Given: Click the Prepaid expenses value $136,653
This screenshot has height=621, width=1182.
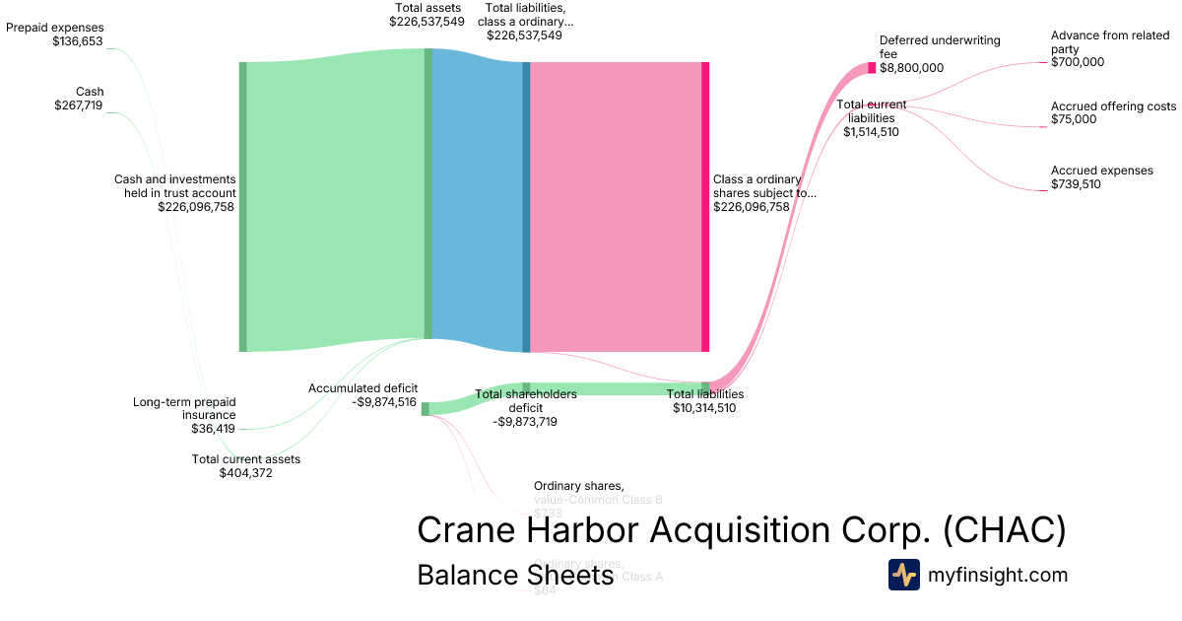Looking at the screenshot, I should pyautogui.click(x=78, y=41).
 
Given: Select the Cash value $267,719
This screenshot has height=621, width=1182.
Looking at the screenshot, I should pyautogui.click(x=78, y=105).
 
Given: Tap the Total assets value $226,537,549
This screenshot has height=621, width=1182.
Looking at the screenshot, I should pyautogui.click(x=427, y=21).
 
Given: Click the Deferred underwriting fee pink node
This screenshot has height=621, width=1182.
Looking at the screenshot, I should pyautogui.click(x=872, y=68).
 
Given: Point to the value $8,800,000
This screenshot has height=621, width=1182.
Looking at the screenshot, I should pyautogui.click(x=911, y=68).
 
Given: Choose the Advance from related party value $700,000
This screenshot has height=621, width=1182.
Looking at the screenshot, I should pyautogui.click(x=1078, y=62).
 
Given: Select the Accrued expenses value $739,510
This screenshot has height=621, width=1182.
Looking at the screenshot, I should pyautogui.click(x=1076, y=184).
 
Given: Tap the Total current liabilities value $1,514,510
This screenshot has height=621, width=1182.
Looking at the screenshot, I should pyautogui.click(x=871, y=132).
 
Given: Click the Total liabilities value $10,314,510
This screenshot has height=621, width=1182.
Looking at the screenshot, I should pyautogui.click(x=704, y=408).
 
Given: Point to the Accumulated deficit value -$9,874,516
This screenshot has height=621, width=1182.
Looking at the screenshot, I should pyautogui.click(x=384, y=402).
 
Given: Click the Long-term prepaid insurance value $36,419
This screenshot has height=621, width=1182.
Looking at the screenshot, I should pyautogui.click(x=213, y=429).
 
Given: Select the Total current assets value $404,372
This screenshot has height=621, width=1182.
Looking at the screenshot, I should pyautogui.click(x=245, y=473).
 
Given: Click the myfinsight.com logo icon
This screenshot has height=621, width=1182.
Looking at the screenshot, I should pyautogui.click(x=904, y=575).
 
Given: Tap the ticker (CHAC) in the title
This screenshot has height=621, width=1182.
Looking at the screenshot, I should pyautogui.click(x=1004, y=530).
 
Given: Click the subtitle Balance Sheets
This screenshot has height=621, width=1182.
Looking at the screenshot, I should pyautogui.click(x=515, y=575).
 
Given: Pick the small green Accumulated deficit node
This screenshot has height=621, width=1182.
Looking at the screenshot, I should pyautogui.click(x=426, y=409).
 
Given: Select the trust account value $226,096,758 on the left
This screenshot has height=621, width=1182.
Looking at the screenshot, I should pyautogui.click(x=196, y=207).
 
